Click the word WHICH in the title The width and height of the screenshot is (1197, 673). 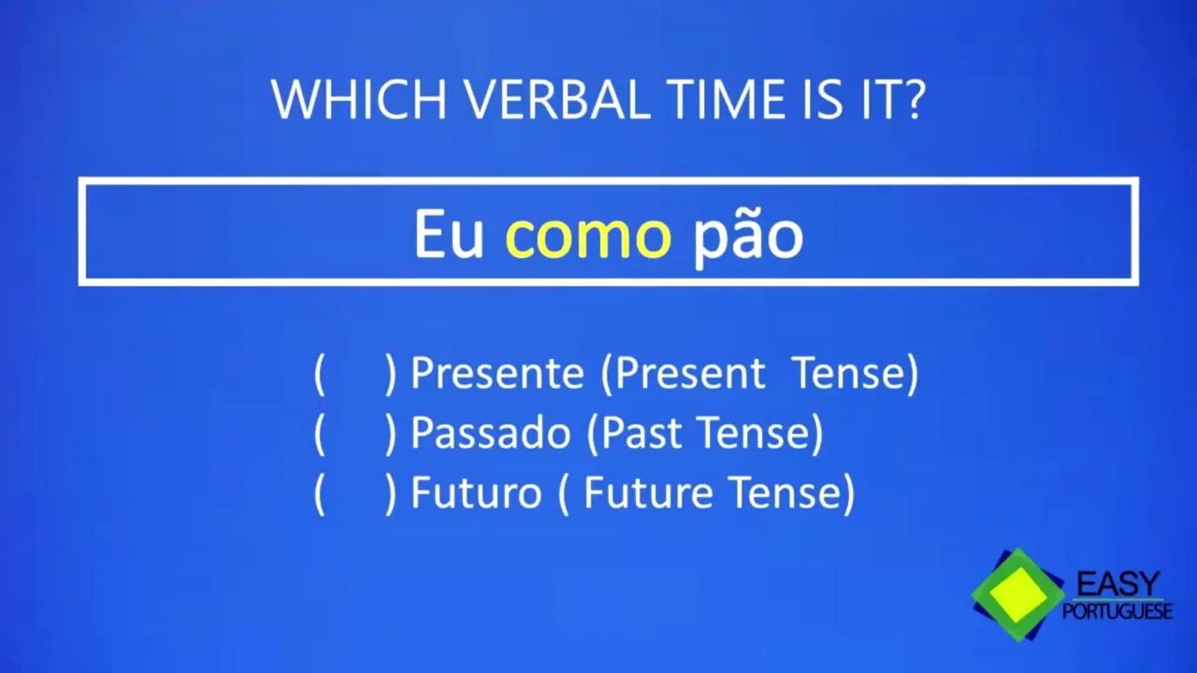pyautogui.click(x=359, y=99)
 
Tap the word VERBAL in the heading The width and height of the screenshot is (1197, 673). pyautogui.click(x=559, y=99)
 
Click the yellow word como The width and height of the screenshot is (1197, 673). pyautogui.click(x=588, y=236)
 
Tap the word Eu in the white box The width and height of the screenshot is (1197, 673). pyautogui.click(x=449, y=235)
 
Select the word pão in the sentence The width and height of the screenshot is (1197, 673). pyautogui.click(x=748, y=237)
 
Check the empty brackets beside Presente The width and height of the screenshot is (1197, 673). pyautogui.click(x=355, y=373)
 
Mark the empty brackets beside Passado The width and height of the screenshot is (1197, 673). pyautogui.click(x=355, y=433)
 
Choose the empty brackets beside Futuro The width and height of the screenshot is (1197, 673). pyautogui.click(x=355, y=493)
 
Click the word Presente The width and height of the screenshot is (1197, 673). pyautogui.click(x=497, y=373)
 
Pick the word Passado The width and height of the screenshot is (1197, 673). pyautogui.click(x=491, y=433)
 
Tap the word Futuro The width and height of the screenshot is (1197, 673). pyautogui.click(x=476, y=493)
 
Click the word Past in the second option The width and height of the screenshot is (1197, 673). pyautogui.click(x=642, y=433)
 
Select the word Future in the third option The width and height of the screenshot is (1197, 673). pyautogui.click(x=648, y=493)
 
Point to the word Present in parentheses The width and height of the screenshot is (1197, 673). pyautogui.click(x=690, y=373)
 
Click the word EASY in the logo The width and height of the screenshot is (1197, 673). pyautogui.click(x=1118, y=584)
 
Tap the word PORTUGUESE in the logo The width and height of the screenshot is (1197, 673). pyautogui.click(x=1118, y=611)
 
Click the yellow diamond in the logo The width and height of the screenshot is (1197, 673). pyautogui.click(x=1018, y=594)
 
